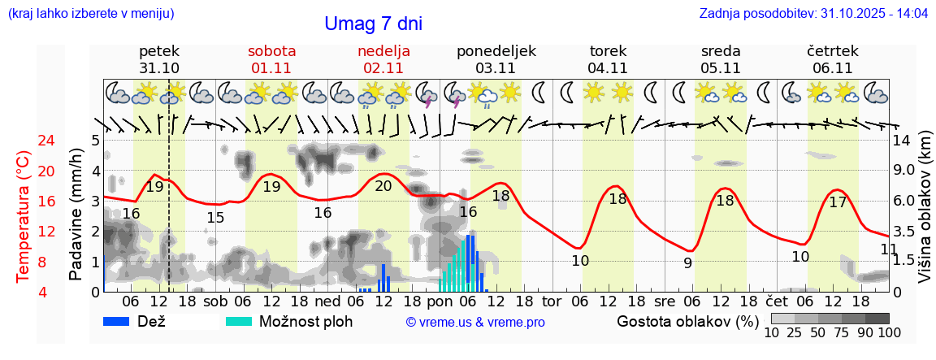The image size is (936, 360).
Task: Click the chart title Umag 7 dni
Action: tap(373, 24)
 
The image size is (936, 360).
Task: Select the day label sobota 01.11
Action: tap(272, 59)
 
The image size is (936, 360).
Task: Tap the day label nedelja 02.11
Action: tap(383, 59)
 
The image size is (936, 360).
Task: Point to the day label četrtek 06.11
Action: tap(832, 59)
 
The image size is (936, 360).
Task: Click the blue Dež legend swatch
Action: tap(123, 321)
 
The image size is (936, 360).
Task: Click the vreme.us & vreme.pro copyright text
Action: tap(475, 322)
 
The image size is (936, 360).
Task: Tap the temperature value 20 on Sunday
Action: tap(383, 186)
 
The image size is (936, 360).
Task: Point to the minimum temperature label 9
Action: tap(687, 262)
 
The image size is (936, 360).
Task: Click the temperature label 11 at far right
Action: tap(889, 249)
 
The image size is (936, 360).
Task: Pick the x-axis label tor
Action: tap(552, 301)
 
